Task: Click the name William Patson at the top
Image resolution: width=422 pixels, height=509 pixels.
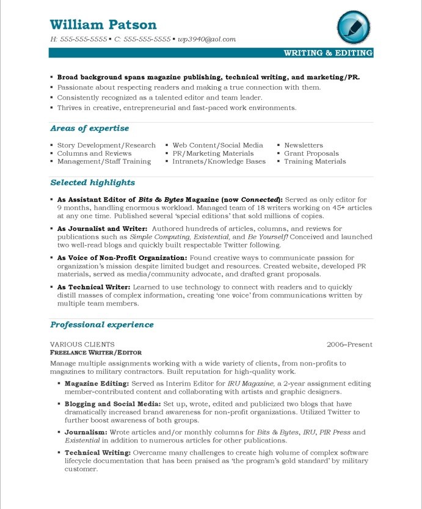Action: (x=103, y=24)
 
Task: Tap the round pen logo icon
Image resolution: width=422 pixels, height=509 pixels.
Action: (x=353, y=27)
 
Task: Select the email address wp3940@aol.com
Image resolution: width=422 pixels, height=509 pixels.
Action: (x=206, y=39)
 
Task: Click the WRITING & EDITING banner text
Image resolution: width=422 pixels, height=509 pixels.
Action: (x=328, y=53)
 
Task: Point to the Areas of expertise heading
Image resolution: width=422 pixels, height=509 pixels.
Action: (x=89, y=128)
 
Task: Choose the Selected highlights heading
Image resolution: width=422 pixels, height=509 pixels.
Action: (x=92, y=183)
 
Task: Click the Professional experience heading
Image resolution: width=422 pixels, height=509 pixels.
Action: (x=101, y=324)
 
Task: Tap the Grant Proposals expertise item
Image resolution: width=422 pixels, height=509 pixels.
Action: (x=311, y=153)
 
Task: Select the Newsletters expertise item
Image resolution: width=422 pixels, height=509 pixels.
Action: (x=304, y=145)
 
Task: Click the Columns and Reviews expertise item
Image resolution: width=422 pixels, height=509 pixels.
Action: (x=94, y=153)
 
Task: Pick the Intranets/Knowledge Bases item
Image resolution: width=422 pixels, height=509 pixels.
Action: (x=219, y=161)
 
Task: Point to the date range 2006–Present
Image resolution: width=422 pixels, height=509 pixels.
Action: (x=349, y=345)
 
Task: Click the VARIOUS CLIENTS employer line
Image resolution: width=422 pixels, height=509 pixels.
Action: (x=82, y=345)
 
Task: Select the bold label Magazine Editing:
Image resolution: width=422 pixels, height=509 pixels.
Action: (x=96, y=384)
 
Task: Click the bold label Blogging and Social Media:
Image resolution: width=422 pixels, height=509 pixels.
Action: (x=112, y=404)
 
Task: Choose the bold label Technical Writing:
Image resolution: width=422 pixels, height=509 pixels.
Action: (x=98, y=453)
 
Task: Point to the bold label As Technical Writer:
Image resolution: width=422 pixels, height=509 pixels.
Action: (x=93, y=287)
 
